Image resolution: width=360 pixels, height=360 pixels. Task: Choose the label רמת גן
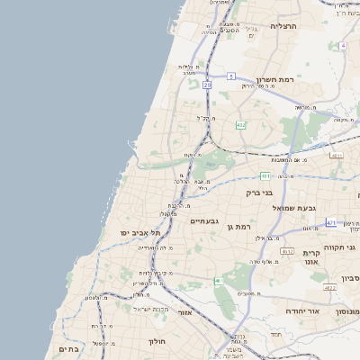coord(236,226)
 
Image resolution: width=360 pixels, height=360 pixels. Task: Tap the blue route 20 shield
coord(207,85)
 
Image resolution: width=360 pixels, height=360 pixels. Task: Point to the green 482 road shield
coord(240,124)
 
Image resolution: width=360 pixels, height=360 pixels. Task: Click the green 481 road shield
coord(265,175)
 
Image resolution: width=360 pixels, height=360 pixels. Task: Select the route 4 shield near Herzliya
coord(342,45)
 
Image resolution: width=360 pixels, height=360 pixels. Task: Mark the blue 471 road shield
coord(331,222)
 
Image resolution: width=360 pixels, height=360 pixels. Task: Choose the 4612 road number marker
coord(287,252)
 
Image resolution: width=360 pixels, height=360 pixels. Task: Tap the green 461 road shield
coord(219,282)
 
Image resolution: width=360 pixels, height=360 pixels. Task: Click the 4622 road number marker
coord(329,287)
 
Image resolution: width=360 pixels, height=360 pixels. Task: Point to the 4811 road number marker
coord(337,156)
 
